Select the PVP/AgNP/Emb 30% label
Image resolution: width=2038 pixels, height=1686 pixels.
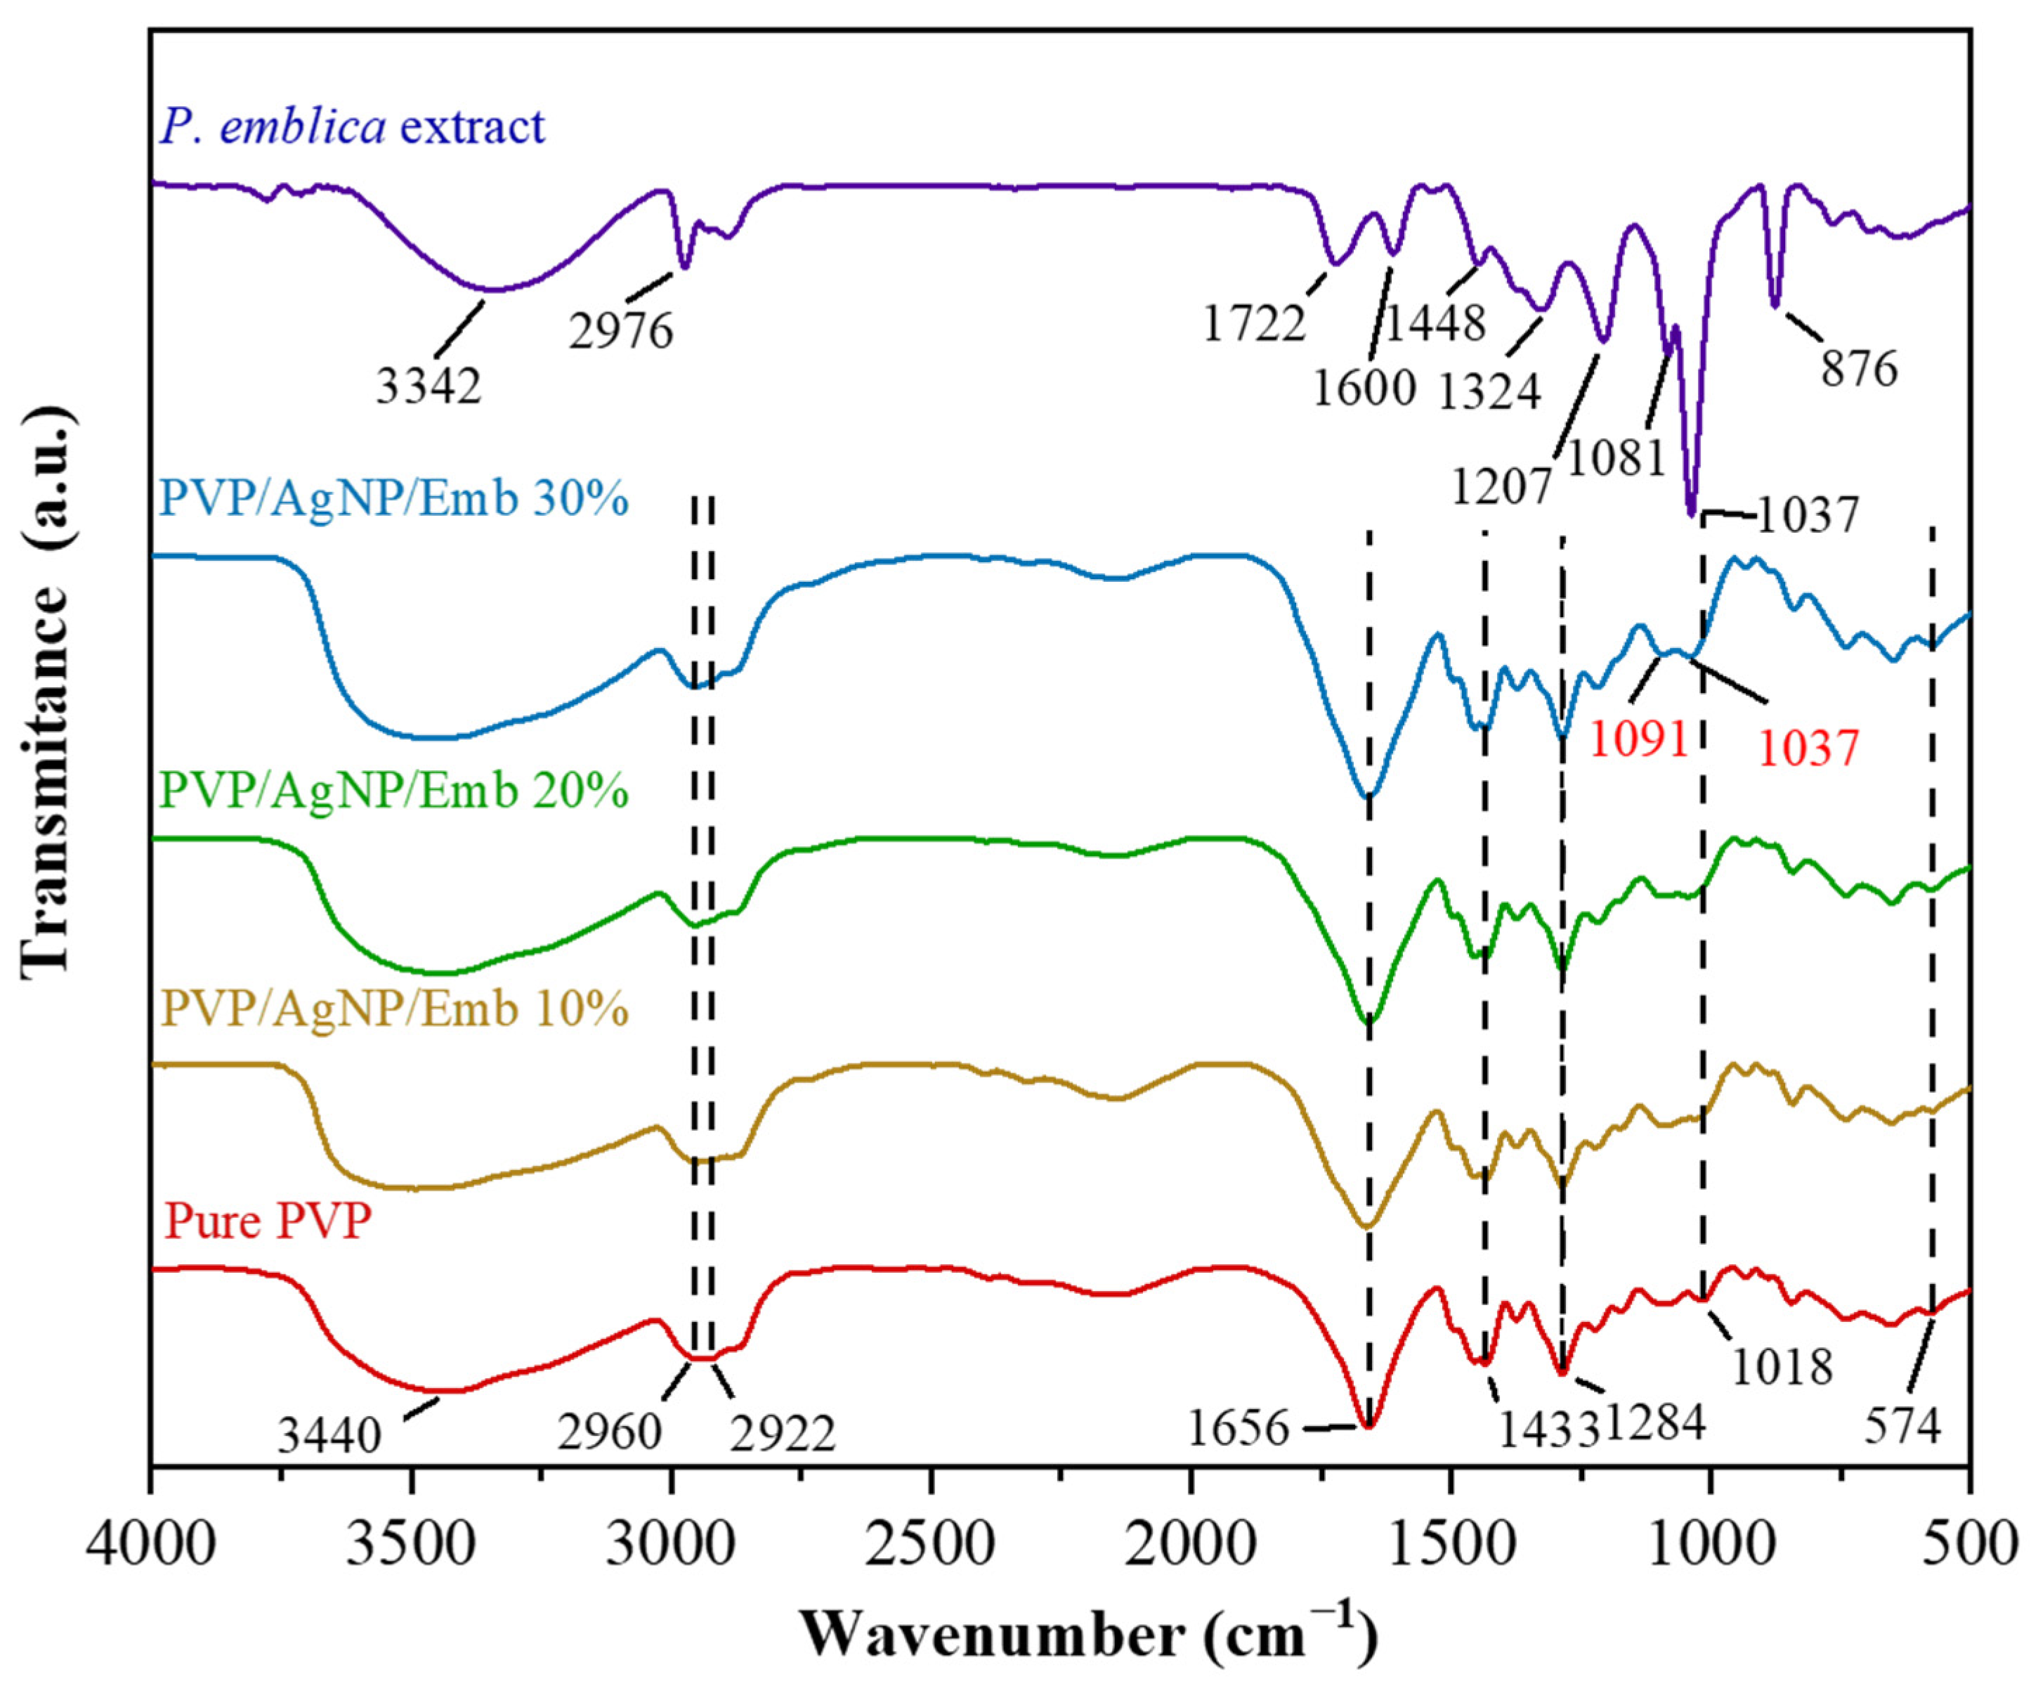(395, 499)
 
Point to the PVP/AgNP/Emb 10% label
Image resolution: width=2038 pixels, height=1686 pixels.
(395, 1009)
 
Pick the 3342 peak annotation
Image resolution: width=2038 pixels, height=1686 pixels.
(428, 387)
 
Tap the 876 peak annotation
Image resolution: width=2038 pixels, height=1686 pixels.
(1858, 370)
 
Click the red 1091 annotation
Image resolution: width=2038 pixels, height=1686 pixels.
(1639, 741)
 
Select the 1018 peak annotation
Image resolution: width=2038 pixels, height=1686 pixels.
(1782, 1367)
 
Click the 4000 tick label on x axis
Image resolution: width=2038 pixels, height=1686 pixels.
(150, 1543)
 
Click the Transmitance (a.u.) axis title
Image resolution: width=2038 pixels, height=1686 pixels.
(46, 689)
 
